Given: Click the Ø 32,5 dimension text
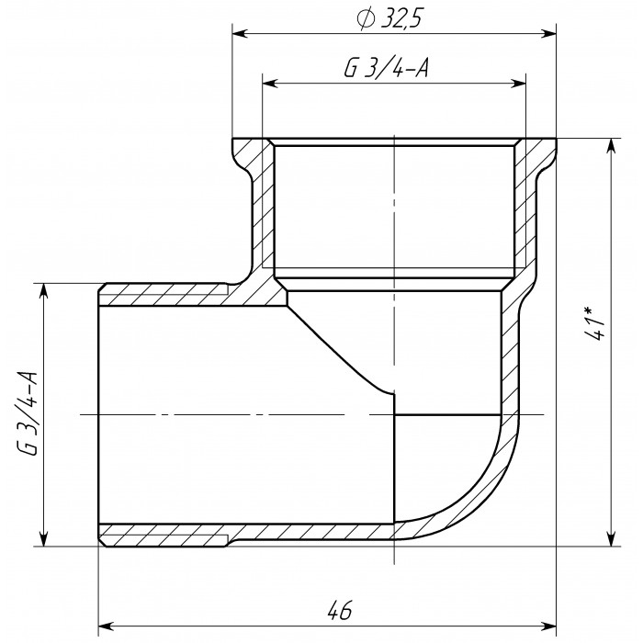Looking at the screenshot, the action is (x=389, y=19).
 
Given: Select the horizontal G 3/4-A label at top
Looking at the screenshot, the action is (x=387, y=67).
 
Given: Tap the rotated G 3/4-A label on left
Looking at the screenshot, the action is (x=28, y=413).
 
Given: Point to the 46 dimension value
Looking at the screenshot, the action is (x=340, y=611).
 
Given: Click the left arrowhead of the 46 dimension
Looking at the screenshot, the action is (x=106, y=626).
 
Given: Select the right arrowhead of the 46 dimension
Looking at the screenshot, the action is (x=548, y=626).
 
